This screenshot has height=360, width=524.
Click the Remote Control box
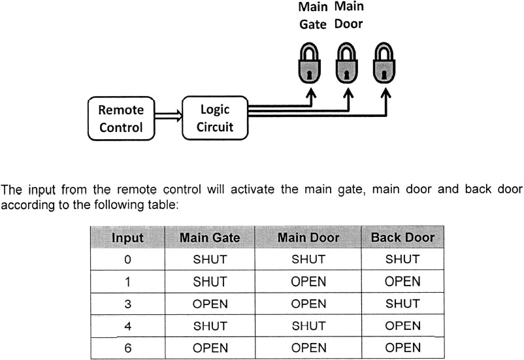click(x=121, y=118)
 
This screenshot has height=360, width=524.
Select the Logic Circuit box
click(x=216, y=118)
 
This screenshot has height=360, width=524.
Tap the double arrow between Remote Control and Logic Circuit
click(x=167, y=118)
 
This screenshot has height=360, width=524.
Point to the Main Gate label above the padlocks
click(x=313, y=16)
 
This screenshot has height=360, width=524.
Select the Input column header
click(x=127, y=238)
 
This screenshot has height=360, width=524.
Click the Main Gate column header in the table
click(x=209, y=238)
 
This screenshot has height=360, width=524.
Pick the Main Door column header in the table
click(x=308, y=238)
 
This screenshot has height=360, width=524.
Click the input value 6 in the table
click(x=127, y=348)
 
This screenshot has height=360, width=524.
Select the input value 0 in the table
click(x=127, y=259)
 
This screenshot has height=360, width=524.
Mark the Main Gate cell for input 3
click(x=209, y=304)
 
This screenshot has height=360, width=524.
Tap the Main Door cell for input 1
click(x=308, y=282)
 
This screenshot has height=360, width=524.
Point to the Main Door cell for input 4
click(x=308, y=326)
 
